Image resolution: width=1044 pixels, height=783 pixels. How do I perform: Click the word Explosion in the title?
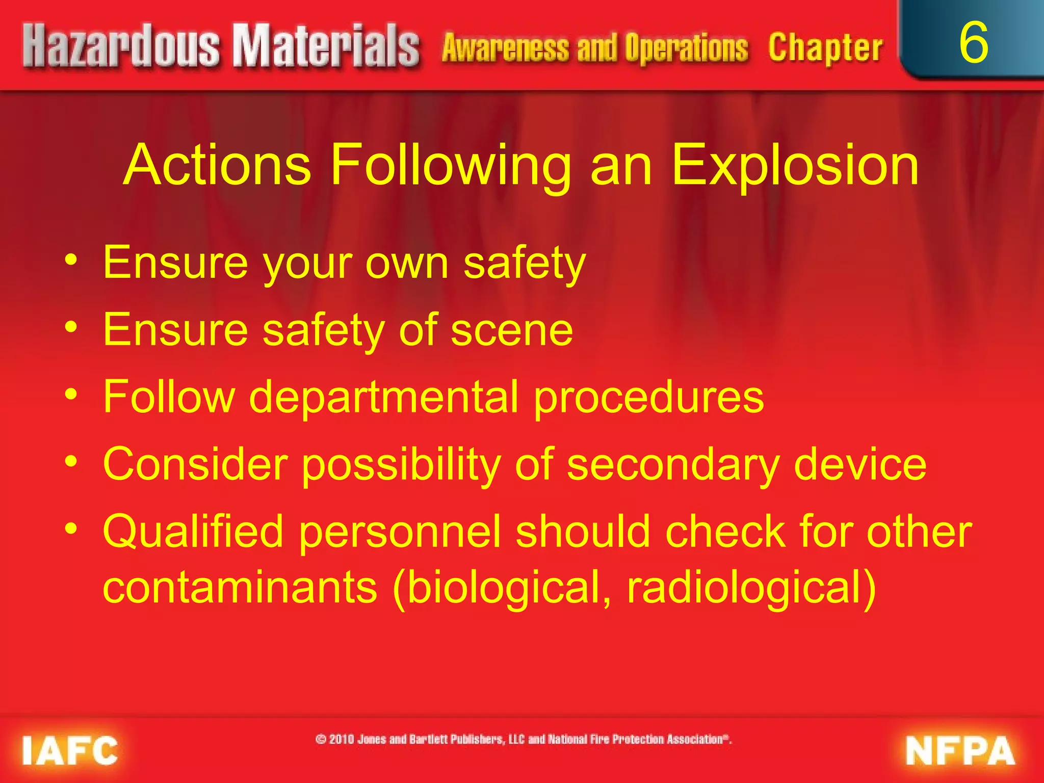point(795,166)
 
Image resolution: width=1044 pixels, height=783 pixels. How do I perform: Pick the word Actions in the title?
point(217,166)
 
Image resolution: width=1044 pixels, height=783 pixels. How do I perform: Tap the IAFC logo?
point(70,751)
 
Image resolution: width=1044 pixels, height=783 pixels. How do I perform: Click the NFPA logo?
point(960,751)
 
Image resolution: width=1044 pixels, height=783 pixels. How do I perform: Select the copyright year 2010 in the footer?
point(342,739)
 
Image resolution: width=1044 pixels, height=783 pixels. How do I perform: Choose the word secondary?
point(673,465)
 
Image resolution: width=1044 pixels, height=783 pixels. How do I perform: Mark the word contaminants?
point(240,587)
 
